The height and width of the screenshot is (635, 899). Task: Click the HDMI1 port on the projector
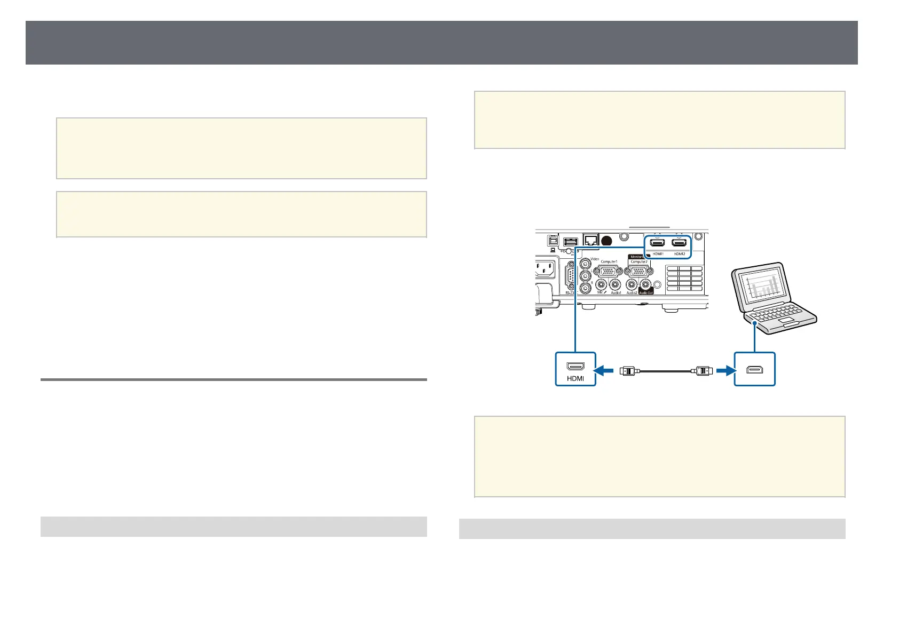[x=657, y=243]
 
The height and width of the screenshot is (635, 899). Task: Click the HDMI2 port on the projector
[x=679, y=243]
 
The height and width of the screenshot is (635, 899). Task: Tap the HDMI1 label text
[x=658, y=254]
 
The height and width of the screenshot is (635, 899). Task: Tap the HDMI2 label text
[x=679, y=254]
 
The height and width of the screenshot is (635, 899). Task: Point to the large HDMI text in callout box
[x=575, y=378]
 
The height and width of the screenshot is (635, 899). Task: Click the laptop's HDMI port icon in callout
[x=754, y=369]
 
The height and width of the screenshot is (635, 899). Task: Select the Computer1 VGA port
[x=609, y=272]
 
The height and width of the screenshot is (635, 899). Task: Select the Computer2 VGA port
[x=638, y=272]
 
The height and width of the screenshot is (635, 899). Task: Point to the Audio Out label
[x=645, y=292]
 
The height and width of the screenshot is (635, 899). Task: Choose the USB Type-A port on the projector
[x=570, y=242]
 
